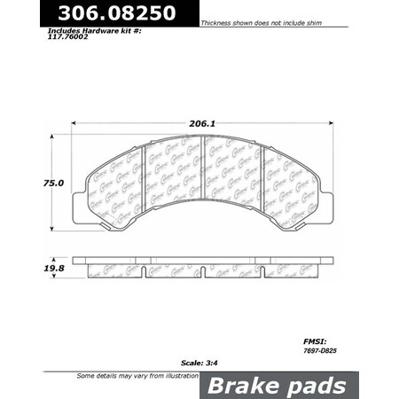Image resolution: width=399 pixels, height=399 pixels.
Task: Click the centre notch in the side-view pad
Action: (x=203, y=270)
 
